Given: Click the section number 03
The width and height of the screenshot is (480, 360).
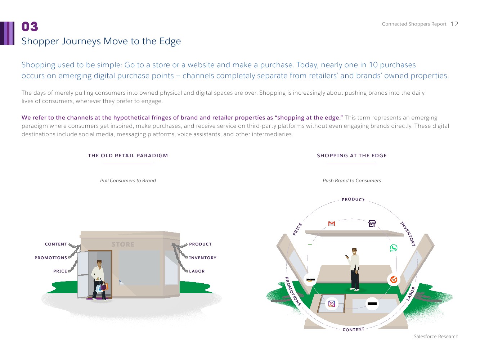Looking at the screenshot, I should (30, 27).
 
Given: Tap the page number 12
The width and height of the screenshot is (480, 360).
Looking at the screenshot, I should (454, 24).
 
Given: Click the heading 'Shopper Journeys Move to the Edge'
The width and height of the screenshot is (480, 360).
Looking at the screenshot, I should (101, 41).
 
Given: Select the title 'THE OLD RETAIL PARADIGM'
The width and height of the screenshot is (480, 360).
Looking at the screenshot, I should (128, 156).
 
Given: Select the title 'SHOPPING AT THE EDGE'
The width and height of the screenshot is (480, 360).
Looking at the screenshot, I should (352, 156).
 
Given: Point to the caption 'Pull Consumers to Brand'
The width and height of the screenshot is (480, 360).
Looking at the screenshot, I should (128, 181).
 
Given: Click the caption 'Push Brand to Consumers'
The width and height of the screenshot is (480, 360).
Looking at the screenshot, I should (352, 181).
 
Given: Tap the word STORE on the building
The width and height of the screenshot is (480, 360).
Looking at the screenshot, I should (123, 244).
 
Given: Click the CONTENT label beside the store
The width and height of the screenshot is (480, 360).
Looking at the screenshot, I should (56, 244).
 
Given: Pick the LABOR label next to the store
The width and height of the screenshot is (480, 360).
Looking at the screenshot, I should (197, 271).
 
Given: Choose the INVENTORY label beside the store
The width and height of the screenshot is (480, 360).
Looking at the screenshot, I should (203, 258).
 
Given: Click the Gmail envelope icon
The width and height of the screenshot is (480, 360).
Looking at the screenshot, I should (332, 224).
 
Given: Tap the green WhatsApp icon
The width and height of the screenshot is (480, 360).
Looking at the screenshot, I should (394, 248).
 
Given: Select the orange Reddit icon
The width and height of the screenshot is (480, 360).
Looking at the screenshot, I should (394, 280).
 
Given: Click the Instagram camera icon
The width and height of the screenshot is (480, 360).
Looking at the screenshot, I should (332, 304).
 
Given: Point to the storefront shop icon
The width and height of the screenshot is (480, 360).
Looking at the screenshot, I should (372, 224).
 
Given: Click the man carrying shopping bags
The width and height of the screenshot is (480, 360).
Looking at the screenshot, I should (99, 279).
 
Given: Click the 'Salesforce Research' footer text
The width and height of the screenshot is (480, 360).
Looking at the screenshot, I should (436, 337).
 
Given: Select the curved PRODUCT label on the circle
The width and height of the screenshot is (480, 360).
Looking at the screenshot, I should (353, 199).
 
